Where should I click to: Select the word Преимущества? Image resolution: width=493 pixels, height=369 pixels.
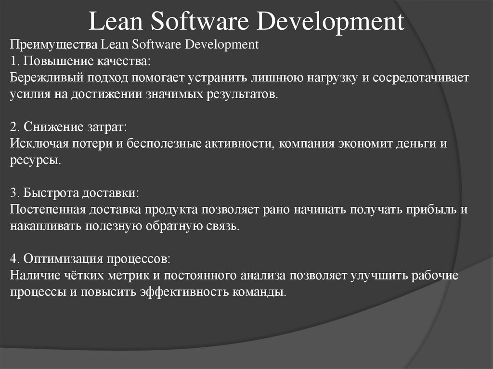coord(54,45)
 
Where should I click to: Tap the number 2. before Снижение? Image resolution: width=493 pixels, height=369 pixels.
coord(14,127)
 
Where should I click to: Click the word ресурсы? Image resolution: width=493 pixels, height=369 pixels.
coord(35,160)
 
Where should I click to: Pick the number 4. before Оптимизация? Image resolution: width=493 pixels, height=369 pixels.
coord(14,259)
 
